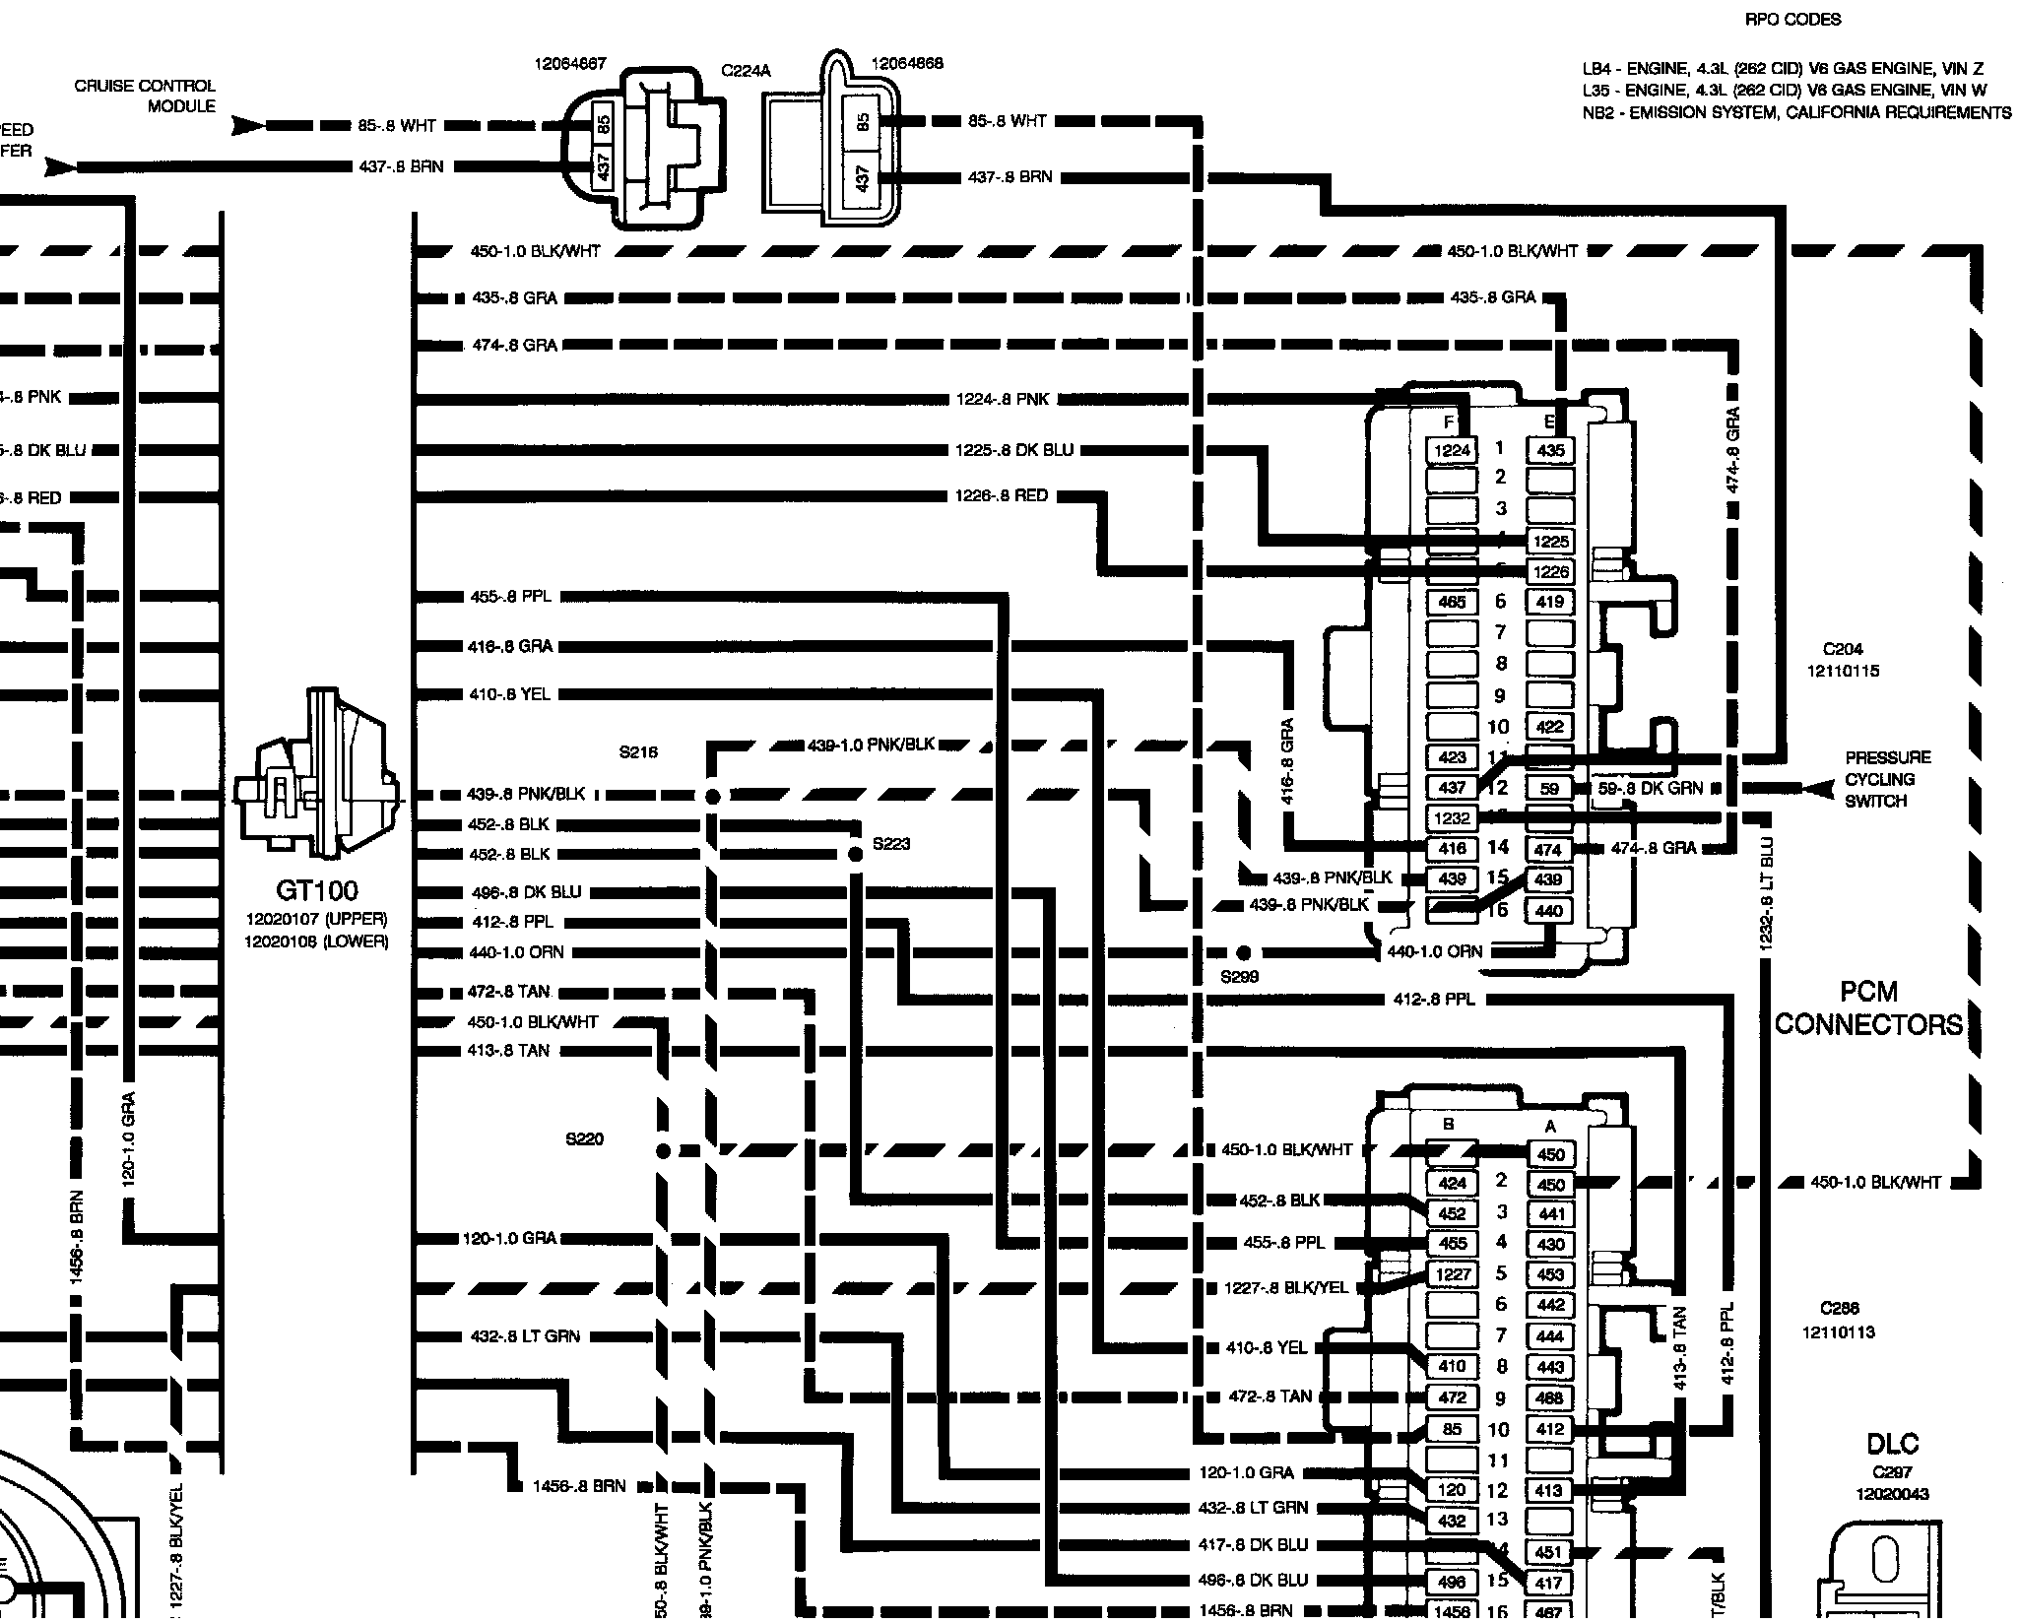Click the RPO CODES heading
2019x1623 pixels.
pyautogui.click(x=1792, y=19)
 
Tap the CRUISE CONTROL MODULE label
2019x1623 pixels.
pyautogui.click(x=145, y=96)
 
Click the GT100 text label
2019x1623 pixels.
pyautogui.click(x=316, y=891)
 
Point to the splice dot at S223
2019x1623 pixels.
pyautogui.click(x=855, y=853)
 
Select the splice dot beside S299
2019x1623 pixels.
pyautogui.click(x=1243, y=952)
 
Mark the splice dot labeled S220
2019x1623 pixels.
pyautogui.click(x=663, y=1150)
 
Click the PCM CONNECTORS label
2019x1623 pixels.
pyautogui.click(x=1868, y=1008)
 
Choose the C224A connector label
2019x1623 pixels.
pyautogui.click(x=746, y=71)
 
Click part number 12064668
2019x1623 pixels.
pyautogui.click(x=907, y=63)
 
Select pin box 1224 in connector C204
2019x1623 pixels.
pyautogui.click(x=1452, y=451)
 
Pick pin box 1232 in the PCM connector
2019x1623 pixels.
pyautogui.click(x=1452, y=817)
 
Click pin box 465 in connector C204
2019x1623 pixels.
pyautogui.click(x=1452, y=602)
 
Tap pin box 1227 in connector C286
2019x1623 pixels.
pyautogui.click(x=1452, y=1274)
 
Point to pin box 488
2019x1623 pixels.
pyautogui.click(x=1549, y=1397)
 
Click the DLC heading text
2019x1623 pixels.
pyautogui.click(x=1892, y=1445)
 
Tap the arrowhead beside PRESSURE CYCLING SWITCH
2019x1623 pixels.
pyautogui.click(x=1814, y=789)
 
